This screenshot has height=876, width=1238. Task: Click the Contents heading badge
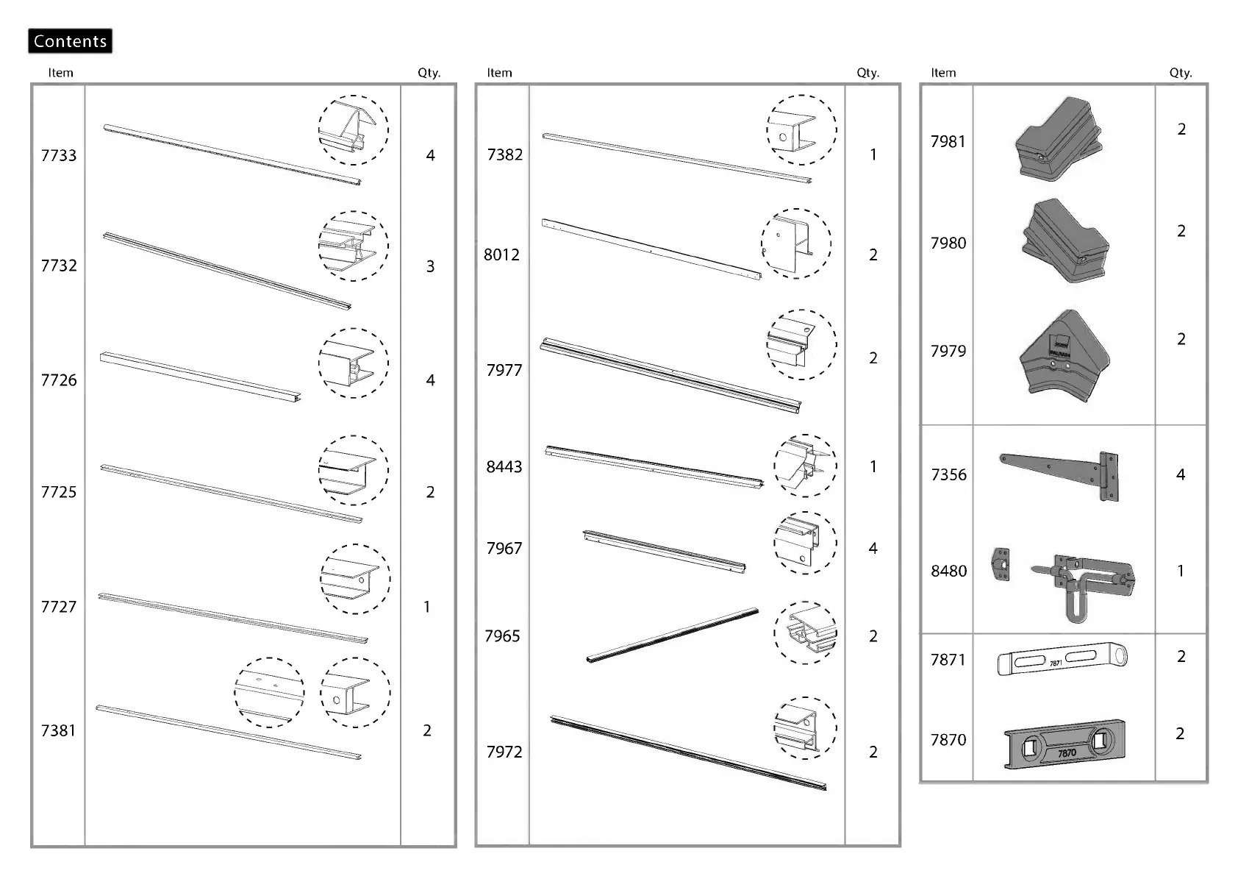(70, 41)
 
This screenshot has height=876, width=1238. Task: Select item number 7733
(59, 155)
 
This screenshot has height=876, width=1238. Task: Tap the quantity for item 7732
(430, 266)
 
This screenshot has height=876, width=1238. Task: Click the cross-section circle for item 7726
(354, 363)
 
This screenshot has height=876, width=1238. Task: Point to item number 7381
(59, 730)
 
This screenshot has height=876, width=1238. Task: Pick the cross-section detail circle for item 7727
(355, 579)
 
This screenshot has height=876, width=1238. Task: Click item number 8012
(501, 254)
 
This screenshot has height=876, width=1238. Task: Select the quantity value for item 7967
(873, 548)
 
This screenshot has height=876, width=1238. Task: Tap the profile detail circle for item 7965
(805, 633)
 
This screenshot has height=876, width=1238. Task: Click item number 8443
(504, 466)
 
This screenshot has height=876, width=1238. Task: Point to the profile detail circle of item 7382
(801, 129)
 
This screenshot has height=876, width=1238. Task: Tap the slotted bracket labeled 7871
(1062, 660)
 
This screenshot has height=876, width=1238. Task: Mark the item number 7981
(948, 141)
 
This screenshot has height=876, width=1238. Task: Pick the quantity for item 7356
(1181, 474)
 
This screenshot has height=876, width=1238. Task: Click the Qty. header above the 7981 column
(1181, 73)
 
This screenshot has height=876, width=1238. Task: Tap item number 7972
(504, 752)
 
